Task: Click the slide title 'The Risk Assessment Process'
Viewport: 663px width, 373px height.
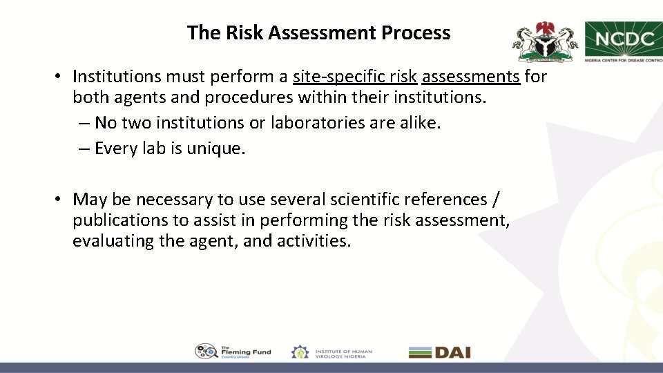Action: coord(318,32)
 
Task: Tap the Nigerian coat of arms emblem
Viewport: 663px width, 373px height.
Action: coord(544,41)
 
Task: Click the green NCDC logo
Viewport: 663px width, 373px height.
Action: coord(624,41)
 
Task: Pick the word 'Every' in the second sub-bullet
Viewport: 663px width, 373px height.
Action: coord(117,148)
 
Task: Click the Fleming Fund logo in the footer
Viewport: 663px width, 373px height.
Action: coord(233,352)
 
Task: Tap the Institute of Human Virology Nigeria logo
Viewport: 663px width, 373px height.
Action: coord(331,352)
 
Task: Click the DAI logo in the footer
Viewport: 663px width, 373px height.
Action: coord(440,352)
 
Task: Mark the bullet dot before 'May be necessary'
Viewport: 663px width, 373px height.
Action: coord(61,200)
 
